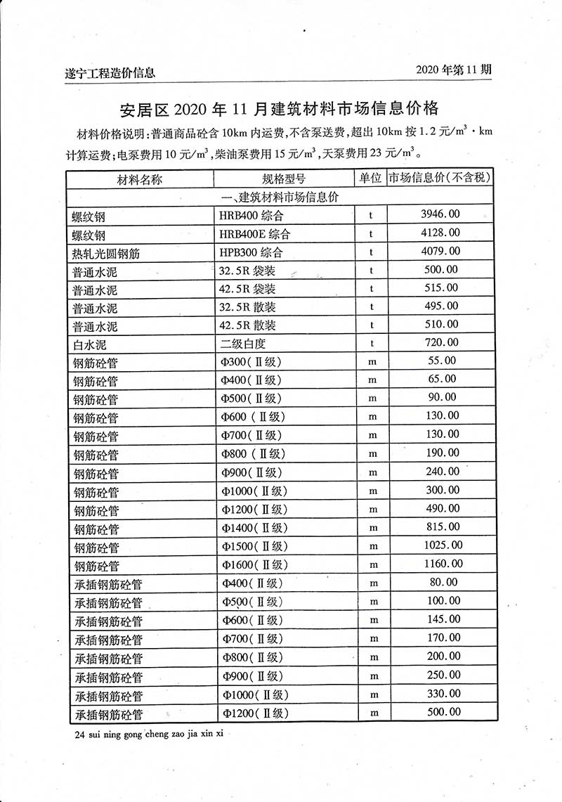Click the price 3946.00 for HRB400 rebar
440,214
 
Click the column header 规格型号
283,179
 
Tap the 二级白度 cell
243,344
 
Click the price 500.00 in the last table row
443,712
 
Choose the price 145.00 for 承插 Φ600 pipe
443,619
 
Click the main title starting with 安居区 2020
280,109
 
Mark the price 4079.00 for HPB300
440,251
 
